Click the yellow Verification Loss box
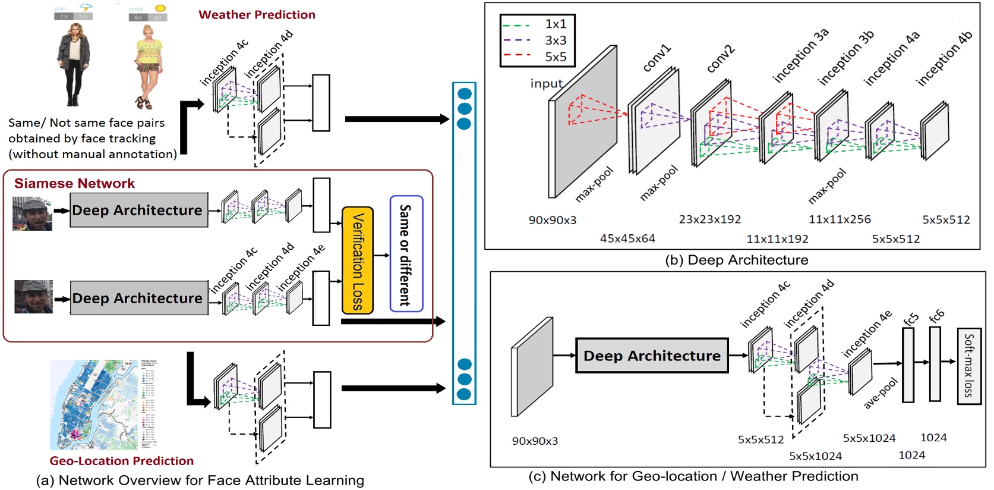click(x=357, y=260)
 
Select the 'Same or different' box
click(x=406, y=254)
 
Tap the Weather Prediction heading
click(x=257, y=15)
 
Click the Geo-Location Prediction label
click(x=122, y=461)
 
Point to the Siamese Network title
click(x=74, y=183)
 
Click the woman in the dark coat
click(x=74, y=64)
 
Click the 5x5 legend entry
click(x=556, y=57)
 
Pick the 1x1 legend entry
click(x=556, y=24)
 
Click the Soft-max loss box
click(x=968, y=366)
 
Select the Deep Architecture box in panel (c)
click(x=652, y=356)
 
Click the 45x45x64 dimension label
click(x=627, y=238)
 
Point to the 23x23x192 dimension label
click(x=710, y=219)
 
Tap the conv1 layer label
click(x=657, y=58)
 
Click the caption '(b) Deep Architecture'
click(x=737, y=260)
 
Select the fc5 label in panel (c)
click(x=910, y=319)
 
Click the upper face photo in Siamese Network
click(x=32, y=213)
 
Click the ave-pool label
click(x=881, y=393)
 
